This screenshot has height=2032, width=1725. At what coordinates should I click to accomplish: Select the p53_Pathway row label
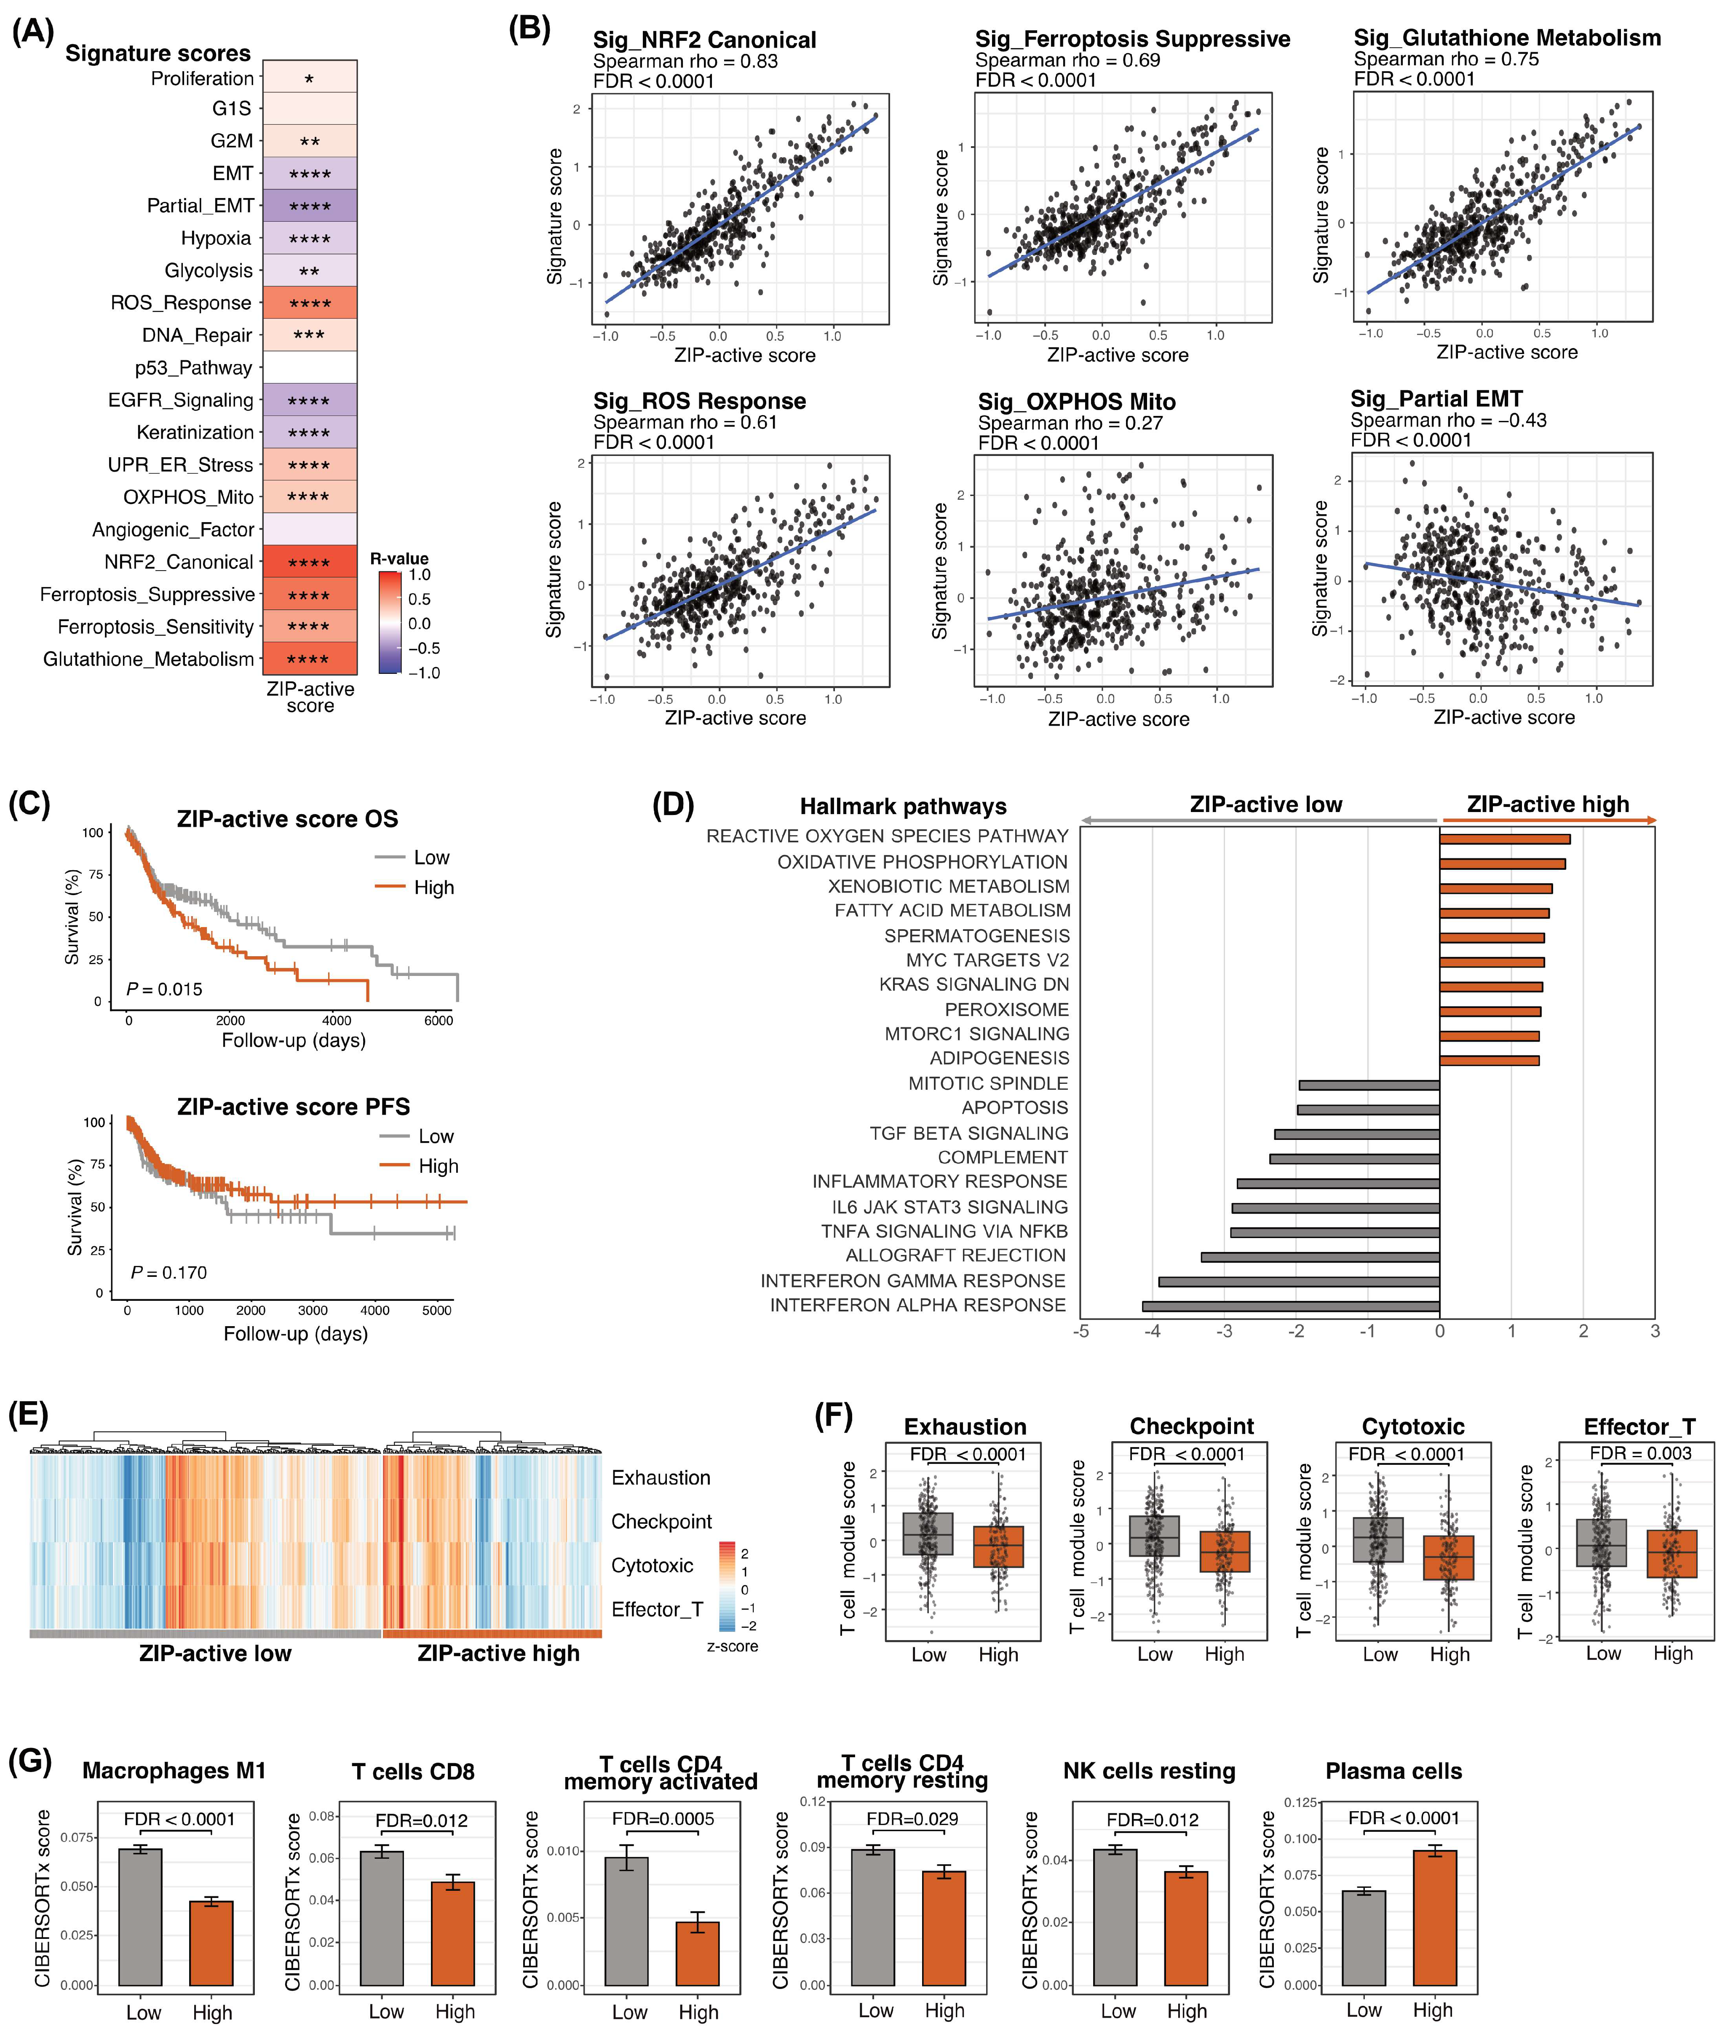[x=194, y=368]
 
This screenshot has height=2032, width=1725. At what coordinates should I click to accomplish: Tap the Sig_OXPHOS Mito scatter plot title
[x=1077, y=402]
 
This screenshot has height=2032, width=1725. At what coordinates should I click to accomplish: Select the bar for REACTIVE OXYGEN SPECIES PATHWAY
[x=1505, y=839]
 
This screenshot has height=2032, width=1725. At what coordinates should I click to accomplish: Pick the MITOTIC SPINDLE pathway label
[x=988, y=1083]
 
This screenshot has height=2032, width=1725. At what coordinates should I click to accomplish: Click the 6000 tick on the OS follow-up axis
[x=438, y=1020]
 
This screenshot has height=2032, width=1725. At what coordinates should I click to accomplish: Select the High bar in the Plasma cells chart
[x=1435, y=1917]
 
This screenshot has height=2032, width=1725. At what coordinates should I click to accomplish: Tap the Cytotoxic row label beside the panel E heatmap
[x=652, y=1566]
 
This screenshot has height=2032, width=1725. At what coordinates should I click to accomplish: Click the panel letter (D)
[x=673, y=804]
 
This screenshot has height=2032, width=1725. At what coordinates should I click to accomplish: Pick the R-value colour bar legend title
[x=399, y=559]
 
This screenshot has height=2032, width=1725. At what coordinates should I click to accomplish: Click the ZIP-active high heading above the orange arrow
[x=1548, y=804]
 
